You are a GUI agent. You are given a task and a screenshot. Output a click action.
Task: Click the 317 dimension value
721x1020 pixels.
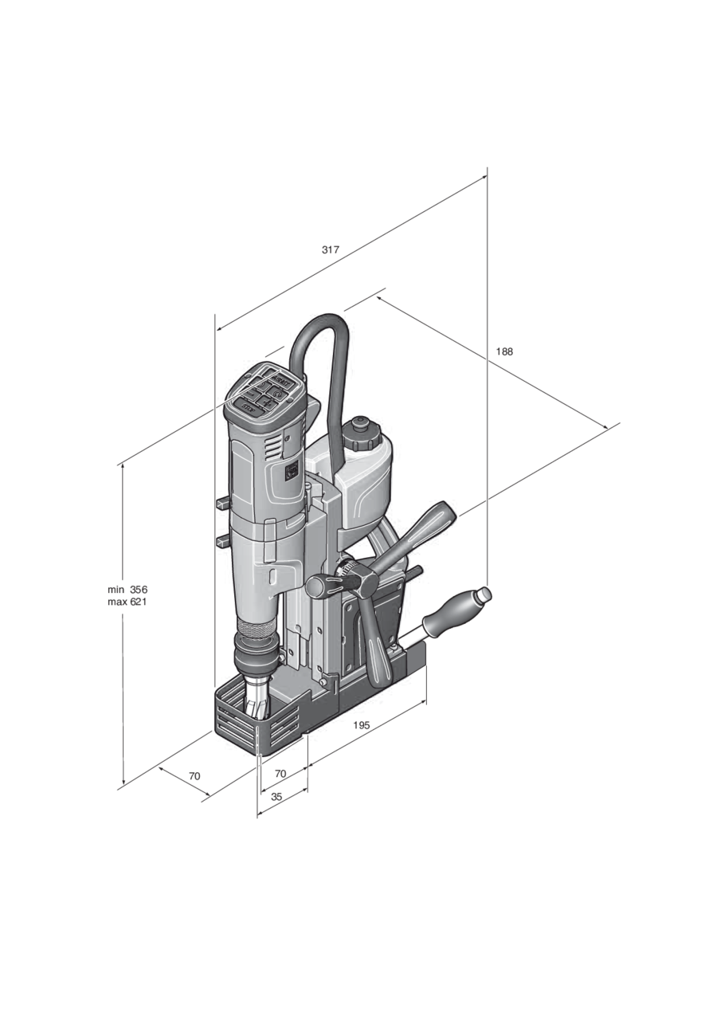click(x=331, y=250)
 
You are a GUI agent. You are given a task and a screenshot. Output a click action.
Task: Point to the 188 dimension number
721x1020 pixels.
click(x=504, y=351)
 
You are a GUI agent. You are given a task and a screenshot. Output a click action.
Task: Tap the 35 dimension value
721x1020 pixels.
click(x=276, y=796)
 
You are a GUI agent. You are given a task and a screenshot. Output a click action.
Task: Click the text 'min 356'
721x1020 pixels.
click(x=127, y=590)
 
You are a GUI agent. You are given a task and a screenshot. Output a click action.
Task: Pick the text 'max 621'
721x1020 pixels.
click(x=127, y=602)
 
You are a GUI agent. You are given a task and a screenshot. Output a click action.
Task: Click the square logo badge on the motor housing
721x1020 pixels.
click(x=291, y=473)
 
